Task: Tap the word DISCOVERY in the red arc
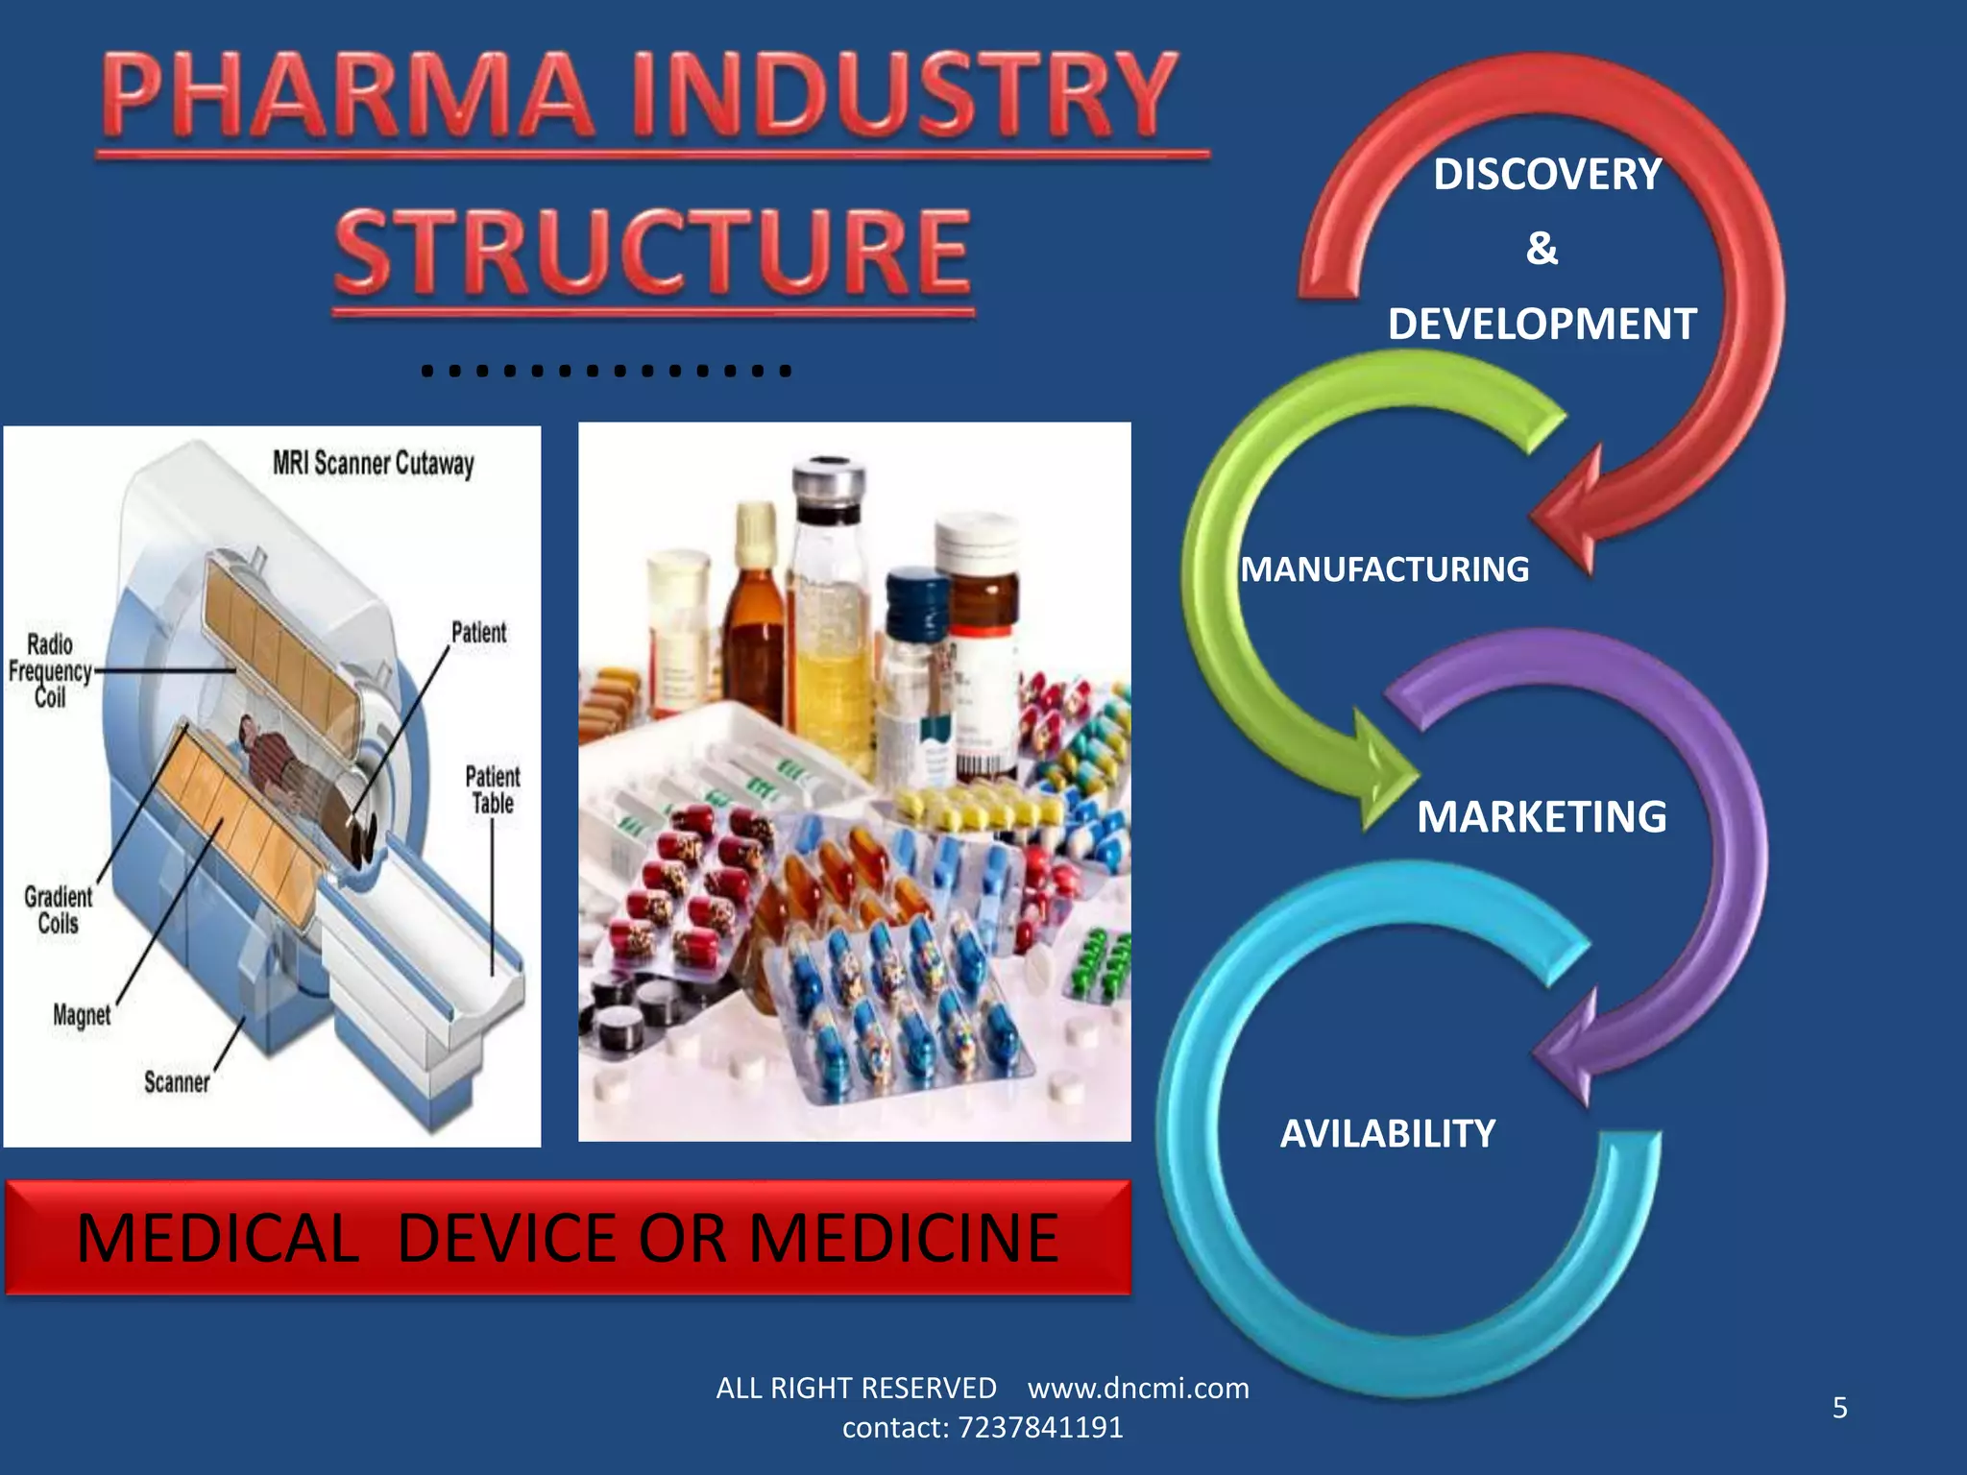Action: tap(1546, 175)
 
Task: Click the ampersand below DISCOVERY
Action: tap(1542, 249)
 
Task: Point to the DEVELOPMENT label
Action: tap(1542, 325)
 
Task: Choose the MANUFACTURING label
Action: tap(1384, 569)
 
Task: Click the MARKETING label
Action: tap(1542, 817)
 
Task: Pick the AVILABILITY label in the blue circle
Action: tap(1388, 1134)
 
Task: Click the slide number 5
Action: tap(1839, 1408)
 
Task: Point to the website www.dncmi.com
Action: tap(1138, 1389)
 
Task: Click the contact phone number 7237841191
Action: tap(1040, 1428)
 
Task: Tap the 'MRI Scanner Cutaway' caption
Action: tap(374, 464)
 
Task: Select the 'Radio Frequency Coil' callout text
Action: tap(50, 670)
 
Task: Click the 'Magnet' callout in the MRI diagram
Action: tap(82, 1015)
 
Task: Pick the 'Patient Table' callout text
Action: tap(492, 789)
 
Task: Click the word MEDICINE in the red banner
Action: tap(903, 1238)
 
